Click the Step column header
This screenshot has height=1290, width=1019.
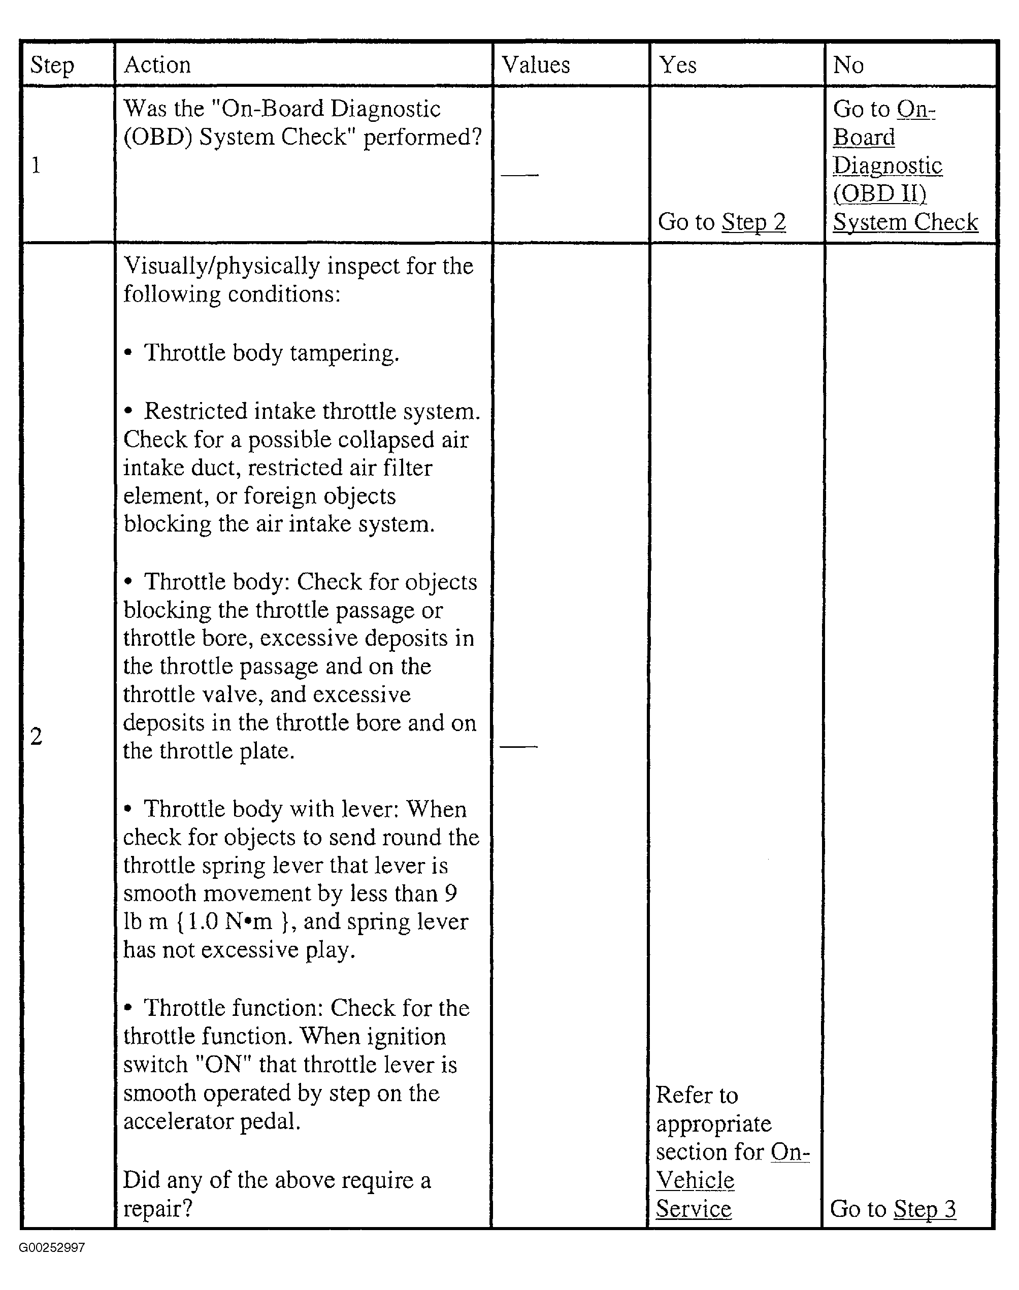[x=52, y=65]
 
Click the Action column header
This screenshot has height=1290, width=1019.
[x=157, y=64]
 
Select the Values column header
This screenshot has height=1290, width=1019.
[x=535, y=64]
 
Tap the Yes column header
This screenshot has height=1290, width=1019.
[x=677, y=64]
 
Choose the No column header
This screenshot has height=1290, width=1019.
[x=848, y=64]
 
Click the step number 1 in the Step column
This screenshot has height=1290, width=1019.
[x=36, y=165]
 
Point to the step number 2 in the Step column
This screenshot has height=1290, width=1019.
[x=37, y=737]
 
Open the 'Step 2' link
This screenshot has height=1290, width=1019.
[x=753, y=222]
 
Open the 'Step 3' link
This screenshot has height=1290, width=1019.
[x=925, y=1209]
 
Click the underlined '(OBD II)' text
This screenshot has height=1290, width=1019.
[x=879, y=194]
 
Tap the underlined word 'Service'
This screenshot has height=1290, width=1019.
[x=693, y=1209]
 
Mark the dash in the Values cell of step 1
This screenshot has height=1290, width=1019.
[x=519, y=175]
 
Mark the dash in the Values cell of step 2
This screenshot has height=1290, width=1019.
[x=518, y=746]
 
